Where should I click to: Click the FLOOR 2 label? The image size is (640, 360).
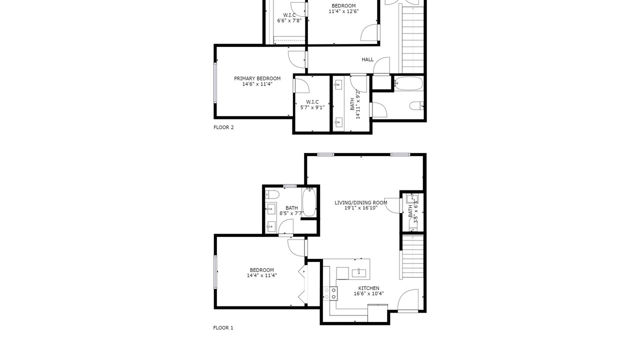[x=223, y=127]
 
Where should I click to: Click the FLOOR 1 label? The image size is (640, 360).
[x=223, y=328]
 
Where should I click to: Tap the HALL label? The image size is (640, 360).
[x=367, y=59]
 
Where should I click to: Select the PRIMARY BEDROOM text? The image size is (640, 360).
[x=257, y=78]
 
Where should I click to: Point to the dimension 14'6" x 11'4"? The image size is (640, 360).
[x=257, y=84]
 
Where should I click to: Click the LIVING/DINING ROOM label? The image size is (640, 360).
[x=361, y=202]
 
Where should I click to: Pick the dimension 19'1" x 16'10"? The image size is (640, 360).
[x=361, y=208]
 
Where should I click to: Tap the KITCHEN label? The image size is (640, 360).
[x=369, y=288]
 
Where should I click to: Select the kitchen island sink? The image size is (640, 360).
[x=359, y=273]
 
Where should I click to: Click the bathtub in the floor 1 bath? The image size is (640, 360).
[x=309, y=202]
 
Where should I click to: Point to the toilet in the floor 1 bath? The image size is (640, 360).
[x=272, y=194]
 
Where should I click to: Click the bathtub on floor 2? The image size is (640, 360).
[x=408, y=83]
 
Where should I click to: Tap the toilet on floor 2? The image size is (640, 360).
[x=416, y=105]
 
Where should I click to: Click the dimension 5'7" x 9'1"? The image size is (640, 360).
[x=312, y=107]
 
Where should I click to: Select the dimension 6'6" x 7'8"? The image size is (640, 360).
[x=289, y=20]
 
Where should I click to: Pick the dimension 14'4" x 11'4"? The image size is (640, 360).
[x=261, y=275]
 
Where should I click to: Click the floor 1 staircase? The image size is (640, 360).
[x=412, y=256]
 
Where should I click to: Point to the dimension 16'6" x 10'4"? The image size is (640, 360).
[x=369, y=293]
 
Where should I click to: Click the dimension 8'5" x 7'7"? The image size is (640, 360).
[x=291, y=213]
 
